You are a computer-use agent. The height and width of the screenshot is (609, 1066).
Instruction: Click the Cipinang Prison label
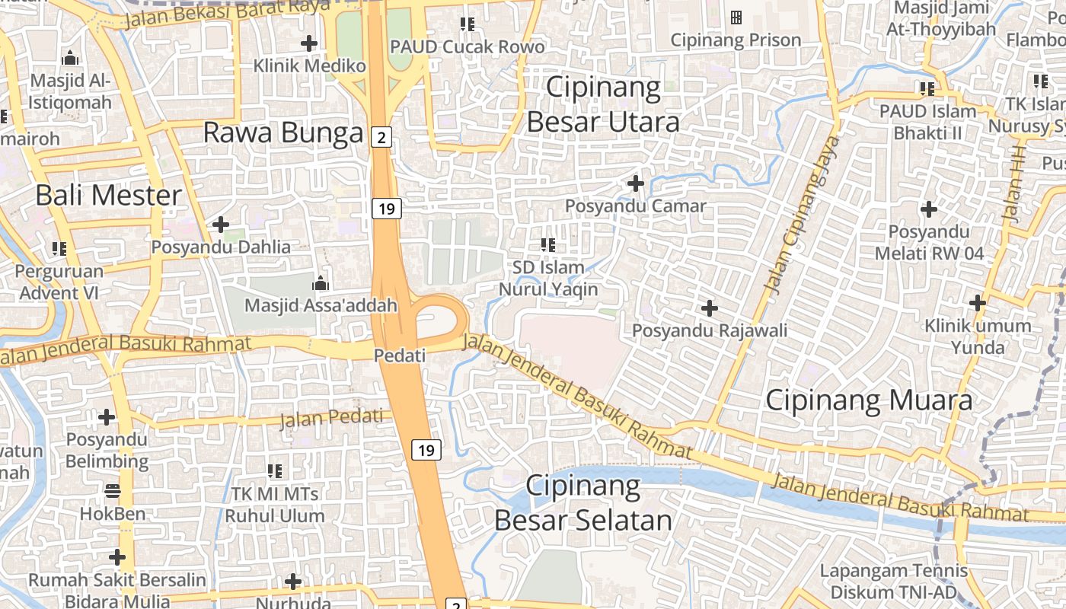click(736, 40)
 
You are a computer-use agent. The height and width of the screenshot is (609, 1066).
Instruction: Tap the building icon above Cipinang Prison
click(736, 17)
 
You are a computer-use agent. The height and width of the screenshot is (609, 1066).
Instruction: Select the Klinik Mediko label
click(310, 65)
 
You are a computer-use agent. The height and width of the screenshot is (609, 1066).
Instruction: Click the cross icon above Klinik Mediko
click(308, 43)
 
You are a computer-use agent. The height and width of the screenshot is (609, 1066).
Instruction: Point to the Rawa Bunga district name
click(283, 133)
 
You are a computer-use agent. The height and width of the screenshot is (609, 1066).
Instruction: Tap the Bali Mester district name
click(109, 196)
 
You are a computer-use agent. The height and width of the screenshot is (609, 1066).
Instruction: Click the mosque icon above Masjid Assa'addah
click(321, 284)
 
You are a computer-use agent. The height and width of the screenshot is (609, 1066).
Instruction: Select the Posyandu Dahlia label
click(221, 247)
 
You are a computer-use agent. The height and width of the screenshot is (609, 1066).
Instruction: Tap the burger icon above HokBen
click(113, 491)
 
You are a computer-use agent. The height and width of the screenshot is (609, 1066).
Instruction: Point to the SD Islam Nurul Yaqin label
click(548, 279)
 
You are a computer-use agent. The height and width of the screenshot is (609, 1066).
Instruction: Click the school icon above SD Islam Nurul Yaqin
click(547, 245)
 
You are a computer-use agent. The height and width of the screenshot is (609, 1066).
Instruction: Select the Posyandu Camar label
click(636, 206)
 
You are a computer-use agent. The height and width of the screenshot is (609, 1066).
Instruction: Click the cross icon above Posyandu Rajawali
click(710, 308)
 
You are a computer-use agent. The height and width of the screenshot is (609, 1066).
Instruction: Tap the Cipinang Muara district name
click(869, 400)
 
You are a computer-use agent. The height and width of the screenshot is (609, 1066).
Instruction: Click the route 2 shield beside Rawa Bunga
click(381, 137)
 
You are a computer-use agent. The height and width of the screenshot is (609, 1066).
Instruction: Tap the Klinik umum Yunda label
click(978, 336)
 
